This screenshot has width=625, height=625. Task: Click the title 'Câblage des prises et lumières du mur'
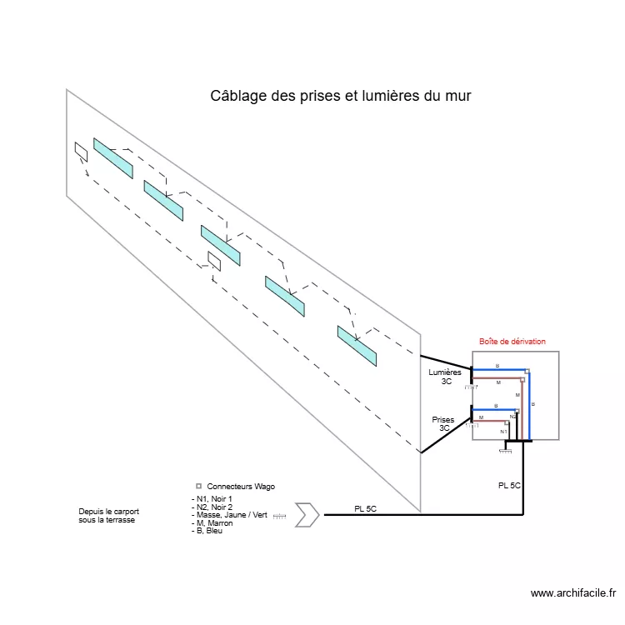coord(341,97)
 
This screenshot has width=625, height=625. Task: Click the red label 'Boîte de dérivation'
coord(512,342)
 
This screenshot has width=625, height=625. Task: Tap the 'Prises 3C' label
coord(444,424)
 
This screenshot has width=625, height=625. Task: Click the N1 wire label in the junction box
coord(503,432)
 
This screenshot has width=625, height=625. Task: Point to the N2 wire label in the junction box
coord(512,416)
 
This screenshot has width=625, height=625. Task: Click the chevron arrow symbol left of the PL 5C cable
coord(307,515)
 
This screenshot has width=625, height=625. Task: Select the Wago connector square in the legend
coord(198,486)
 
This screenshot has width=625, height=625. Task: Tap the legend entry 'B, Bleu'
coord(207,531)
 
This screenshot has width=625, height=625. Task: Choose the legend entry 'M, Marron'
coord(212,523)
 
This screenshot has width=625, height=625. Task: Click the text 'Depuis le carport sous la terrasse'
coord(108,515)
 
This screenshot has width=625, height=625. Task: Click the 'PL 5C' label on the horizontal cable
coord(365,509)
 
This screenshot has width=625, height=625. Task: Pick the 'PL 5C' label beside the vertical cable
coord(509,485)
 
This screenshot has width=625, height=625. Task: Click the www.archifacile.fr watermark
coord(573,593)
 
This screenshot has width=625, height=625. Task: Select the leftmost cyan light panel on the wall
coord(112,157)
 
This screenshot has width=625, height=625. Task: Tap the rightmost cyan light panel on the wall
coord(357,346)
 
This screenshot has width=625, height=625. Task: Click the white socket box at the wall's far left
coord(81,152)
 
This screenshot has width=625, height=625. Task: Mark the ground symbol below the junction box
coord(505,451)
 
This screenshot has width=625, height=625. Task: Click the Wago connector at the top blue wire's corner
coord(526,371)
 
